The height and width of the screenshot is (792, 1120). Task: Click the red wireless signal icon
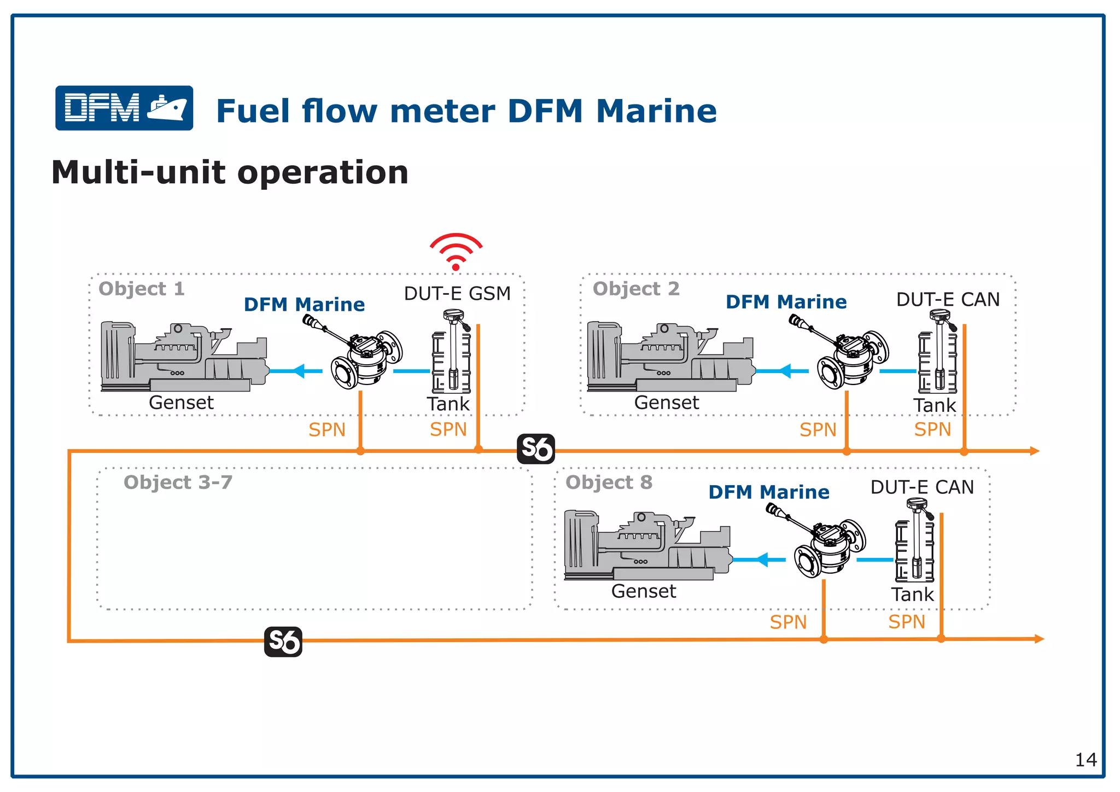point(456,252)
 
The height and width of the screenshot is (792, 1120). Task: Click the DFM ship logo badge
point(124,108)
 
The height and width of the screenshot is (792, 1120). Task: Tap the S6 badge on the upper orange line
point(536,449)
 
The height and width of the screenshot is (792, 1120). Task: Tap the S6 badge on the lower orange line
point(283,642)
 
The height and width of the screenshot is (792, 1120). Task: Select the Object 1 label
point(142,289)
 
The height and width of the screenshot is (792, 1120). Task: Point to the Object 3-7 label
point(178,482)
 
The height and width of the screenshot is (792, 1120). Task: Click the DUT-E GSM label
point(457,294)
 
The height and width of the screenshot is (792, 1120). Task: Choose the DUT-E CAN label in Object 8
point(922,487)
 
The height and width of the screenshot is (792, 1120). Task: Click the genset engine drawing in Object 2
point(669,357)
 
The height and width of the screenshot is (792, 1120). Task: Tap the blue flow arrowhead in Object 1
point(299,371)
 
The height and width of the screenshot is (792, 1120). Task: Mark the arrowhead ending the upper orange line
point(1034,451)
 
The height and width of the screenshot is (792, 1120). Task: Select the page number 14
point(1086,760)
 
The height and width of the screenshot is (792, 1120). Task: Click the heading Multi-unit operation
point(230,172)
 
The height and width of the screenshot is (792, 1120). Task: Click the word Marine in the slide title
point(656,111)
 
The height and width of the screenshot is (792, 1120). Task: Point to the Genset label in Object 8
point(643,591)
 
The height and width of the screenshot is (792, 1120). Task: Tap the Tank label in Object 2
point(934,405)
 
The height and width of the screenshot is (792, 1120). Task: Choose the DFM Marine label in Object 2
point(786,302)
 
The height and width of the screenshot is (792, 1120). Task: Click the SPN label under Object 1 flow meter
point(327,430)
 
